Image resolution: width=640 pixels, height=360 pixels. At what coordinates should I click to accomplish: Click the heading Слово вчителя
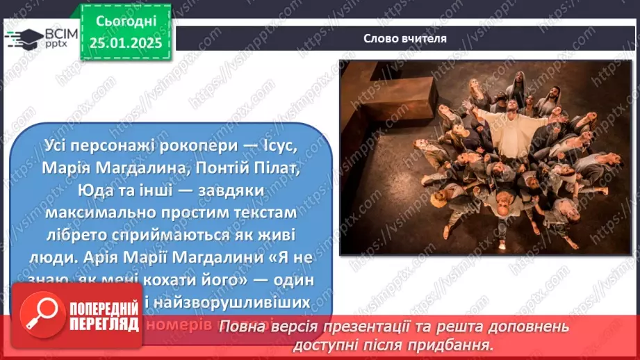[405, 38]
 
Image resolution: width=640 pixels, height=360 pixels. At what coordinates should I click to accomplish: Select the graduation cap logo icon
[25, 38]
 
